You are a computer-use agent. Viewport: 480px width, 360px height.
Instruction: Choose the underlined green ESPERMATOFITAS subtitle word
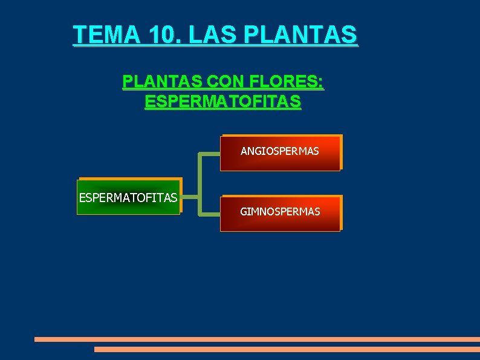[x=222, y=102]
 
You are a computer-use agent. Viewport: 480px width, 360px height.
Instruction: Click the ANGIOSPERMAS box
[x=280, y=153]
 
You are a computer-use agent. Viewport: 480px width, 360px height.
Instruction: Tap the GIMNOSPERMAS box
[x=280, y=214]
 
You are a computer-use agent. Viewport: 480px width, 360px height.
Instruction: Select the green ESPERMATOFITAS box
[x=128, y=197]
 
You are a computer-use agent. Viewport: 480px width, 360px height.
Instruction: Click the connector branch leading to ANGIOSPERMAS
[x=210, y=154]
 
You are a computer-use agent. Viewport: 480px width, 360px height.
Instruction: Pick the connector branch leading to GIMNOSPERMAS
[x=210, y=214]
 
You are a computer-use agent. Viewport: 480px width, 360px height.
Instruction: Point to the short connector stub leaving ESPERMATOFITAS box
[x=190, y=197]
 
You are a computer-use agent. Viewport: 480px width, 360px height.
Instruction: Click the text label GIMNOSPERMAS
[x=280, y=212]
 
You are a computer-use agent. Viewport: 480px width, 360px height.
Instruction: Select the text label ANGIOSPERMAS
[x=280, y=151]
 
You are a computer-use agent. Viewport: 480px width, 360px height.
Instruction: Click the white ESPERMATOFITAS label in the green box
[x=128, y=197]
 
